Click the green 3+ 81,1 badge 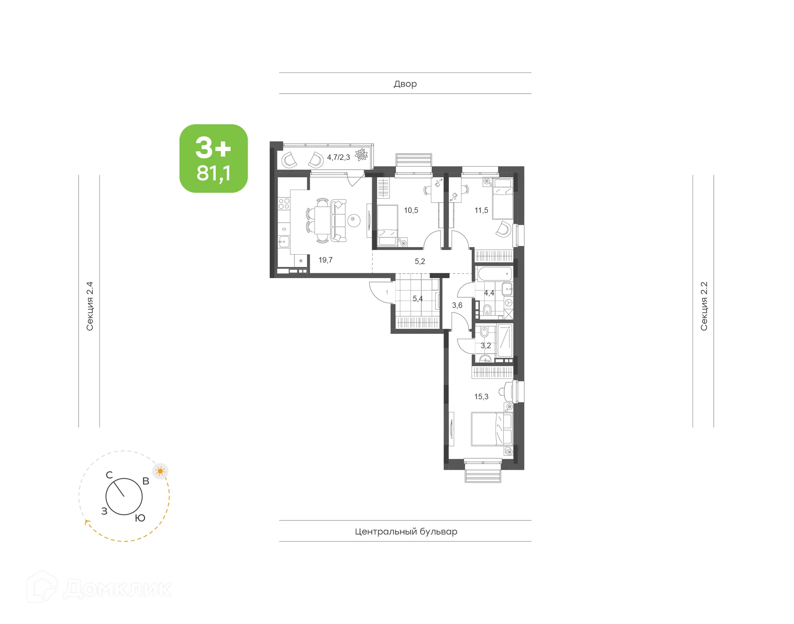[213, 159]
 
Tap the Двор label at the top [405, 84]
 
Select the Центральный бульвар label [406, 531]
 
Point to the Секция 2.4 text [90, 306]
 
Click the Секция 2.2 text [704, 306]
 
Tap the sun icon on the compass [160, 471]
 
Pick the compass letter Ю [140, 518]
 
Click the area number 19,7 [325, 260]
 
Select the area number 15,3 [481, 397]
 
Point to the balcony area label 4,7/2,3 [338, 157]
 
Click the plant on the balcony [361, 154]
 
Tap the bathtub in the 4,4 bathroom [495, 274]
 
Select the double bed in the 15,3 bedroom [492, 429]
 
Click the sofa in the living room [338, 221]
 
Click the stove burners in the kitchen [284, 203]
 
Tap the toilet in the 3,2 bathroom [485, 332]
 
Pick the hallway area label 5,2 [420, 261]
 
